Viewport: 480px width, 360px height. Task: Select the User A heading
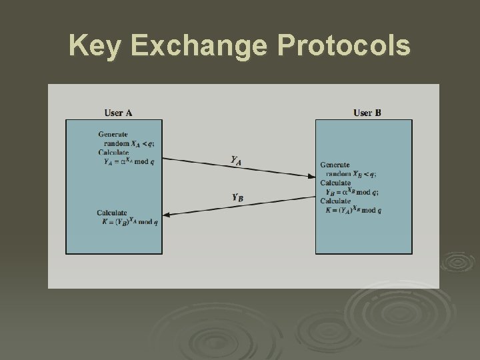click(118, 113)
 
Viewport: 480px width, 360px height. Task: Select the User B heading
click(367, 113)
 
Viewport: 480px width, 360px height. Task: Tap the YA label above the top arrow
click(236, 160)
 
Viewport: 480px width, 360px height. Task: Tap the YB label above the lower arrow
click(237, 197)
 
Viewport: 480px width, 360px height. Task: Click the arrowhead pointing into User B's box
click(312, 176)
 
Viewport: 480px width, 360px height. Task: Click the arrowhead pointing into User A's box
click(167, 215)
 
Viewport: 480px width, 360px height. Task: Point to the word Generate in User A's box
click(113, 134)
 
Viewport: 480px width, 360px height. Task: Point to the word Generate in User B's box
click(336, 165)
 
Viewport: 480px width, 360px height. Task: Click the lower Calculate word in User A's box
click(112, 213)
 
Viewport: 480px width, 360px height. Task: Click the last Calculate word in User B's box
click(335, 200)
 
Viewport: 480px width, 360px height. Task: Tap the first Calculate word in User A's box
click(113, 152)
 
